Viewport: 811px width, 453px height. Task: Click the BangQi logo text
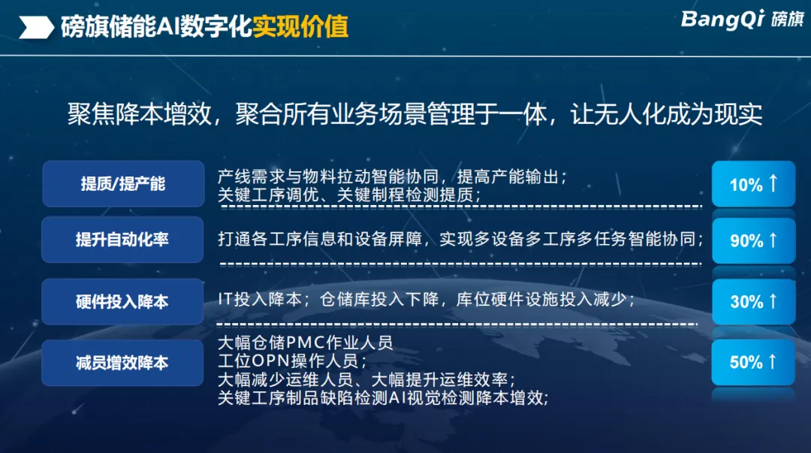coord(722,20)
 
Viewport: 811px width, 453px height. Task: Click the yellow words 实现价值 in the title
coord(300,27)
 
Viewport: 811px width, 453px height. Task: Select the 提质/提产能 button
coord(123,184)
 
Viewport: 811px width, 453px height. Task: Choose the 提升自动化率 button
coord(122,240)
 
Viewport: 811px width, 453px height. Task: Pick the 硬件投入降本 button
coord(122,301)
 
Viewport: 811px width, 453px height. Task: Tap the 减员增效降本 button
coord(122,362)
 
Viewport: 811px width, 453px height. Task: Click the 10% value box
coord(753,184)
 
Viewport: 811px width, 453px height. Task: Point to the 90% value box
coord(753,240)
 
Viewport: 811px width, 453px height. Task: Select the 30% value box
coord(753,301)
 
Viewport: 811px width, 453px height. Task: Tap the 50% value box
coord(753,362)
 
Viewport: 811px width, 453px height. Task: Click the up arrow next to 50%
coord(773,361)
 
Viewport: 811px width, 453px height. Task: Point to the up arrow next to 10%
coord(773,183)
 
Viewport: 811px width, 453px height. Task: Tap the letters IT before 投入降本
coord(225,299)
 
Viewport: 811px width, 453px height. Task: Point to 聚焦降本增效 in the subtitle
coord(140,114)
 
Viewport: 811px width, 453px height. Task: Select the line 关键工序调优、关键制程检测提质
coord(350,195)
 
